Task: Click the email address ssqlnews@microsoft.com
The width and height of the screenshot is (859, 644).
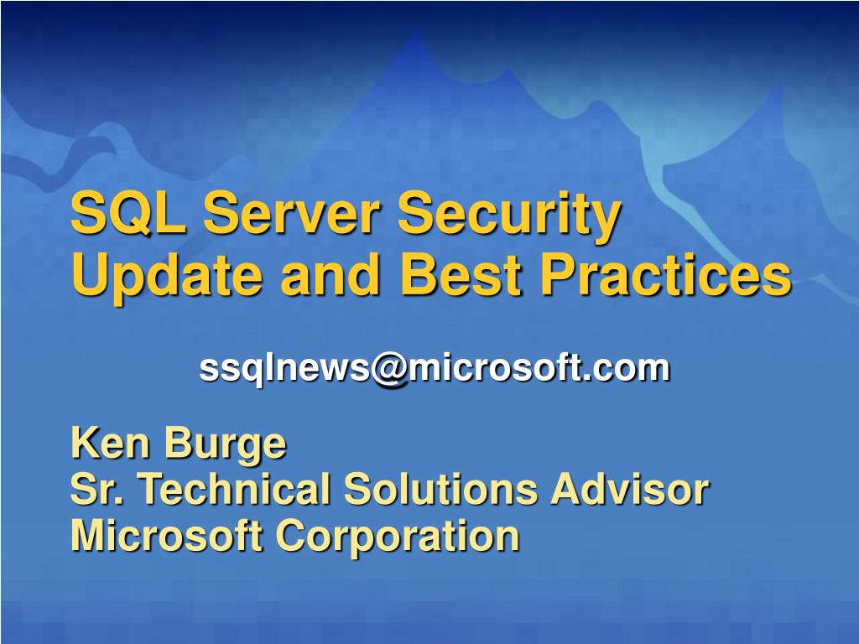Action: tap(435, 367)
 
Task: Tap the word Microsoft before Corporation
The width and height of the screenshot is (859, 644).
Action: tap(166, 536)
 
